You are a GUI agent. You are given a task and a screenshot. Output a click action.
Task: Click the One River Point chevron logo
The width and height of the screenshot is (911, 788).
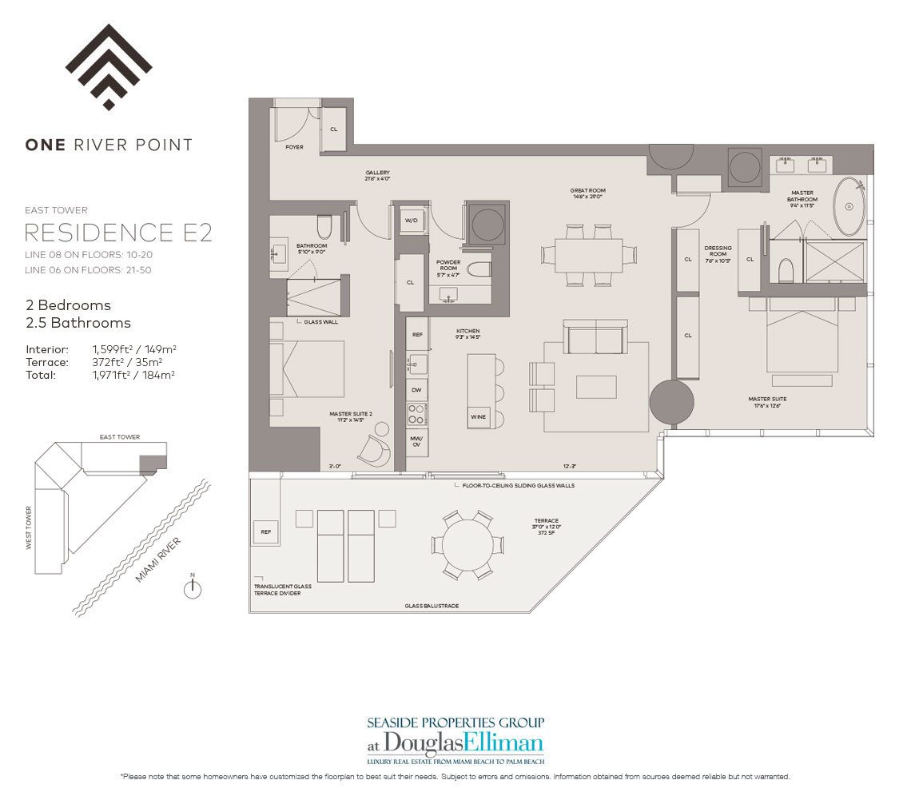click(x=109, y=66)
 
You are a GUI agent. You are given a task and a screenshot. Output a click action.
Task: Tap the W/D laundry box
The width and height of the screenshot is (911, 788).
click(x=412, y=221)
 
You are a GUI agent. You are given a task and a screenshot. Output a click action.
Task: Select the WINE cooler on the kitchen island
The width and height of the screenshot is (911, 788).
click(x=479, y=417)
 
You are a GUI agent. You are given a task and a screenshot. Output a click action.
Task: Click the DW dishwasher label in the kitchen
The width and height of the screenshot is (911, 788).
click(x=416, y=389)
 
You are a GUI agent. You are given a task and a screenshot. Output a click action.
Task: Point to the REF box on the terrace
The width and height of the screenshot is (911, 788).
click(x=265, y=531)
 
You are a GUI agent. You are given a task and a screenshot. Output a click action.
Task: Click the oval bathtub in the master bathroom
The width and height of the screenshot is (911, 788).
click(x=849, y=207)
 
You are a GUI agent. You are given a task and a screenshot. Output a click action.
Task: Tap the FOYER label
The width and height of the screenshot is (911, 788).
click(x=294, y=147)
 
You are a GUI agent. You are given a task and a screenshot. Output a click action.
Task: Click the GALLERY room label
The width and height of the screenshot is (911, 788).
click(x=378, y=173)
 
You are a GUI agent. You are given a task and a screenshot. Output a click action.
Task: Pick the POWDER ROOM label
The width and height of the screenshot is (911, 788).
click(x=448, y=265)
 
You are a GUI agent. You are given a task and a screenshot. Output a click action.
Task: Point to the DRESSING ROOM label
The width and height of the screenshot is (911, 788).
click(x=716, y=251)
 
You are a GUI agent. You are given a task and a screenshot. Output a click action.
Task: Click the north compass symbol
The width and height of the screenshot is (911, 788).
click(x=192, y=589)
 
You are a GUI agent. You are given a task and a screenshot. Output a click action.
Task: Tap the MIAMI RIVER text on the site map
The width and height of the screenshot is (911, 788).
click(x=158, y=559)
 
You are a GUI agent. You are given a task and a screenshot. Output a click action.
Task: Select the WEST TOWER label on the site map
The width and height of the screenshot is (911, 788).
click(x=30, y=528)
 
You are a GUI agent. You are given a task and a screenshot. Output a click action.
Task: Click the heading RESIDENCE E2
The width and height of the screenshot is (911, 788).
click(x=118, y=233)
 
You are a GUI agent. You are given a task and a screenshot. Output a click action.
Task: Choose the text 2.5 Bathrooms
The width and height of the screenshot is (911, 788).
click(x=78, y=323)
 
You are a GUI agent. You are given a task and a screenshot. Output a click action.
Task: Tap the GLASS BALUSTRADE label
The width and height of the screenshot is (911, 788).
click(x=432, y=606)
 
